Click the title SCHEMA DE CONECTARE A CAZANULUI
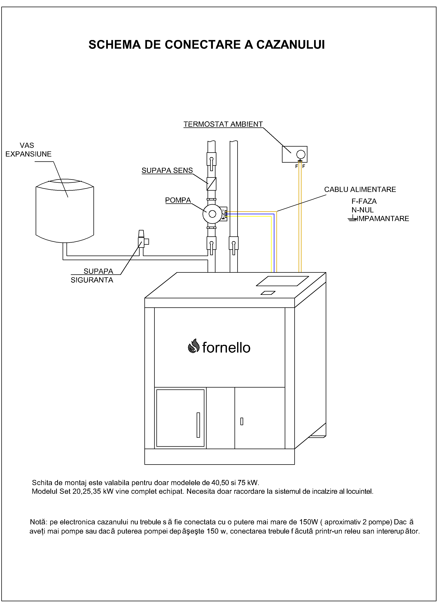click(207, 45)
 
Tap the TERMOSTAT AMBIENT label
click(223, 124)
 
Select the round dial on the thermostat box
click(301, 154)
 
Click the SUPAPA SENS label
click(167, 171)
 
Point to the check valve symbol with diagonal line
click(211, 184)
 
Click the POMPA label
click(178, 200)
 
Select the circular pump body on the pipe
click(212, 214)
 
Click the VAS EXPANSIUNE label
click(28, 150)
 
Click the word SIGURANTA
click(92, 280)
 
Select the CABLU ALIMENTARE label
click(360, 190)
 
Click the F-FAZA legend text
click(364, 201)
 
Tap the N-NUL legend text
click(362, 210)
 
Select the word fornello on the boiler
click(226, 348)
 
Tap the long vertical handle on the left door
click(198, 425)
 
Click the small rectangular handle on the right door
click(242, 421)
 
